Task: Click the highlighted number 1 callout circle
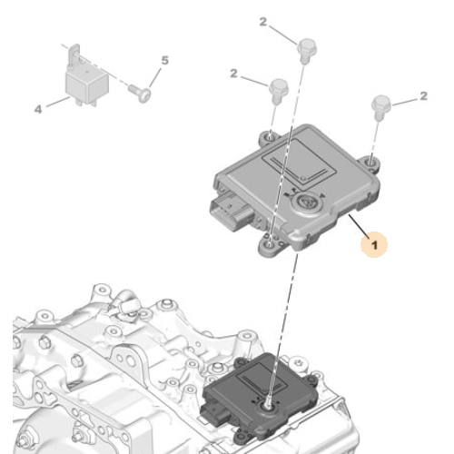pyautogui.click(x=373, y=242)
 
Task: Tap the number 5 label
pyautogui.click(x=165, y=61)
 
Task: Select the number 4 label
pyautogui.click(x=38, y=109)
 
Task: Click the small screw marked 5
pyautogui.click(x=138, y=91)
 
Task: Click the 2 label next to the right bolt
pyautogui.click(x=423, y=95)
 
